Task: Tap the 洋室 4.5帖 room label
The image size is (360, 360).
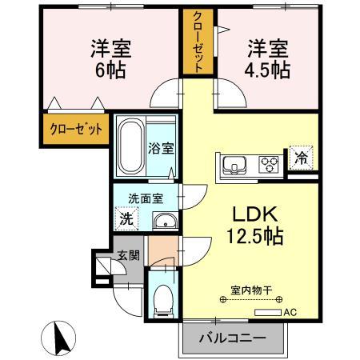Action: pos(267,58)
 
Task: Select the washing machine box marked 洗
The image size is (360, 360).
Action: pos(126,218)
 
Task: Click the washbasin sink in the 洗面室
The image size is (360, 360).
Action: pos(163,222)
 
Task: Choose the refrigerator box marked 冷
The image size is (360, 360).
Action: pos(301,158)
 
